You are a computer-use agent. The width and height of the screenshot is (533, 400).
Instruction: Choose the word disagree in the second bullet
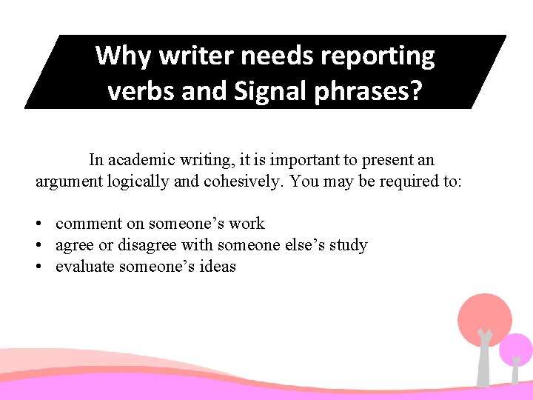point(153,245)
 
